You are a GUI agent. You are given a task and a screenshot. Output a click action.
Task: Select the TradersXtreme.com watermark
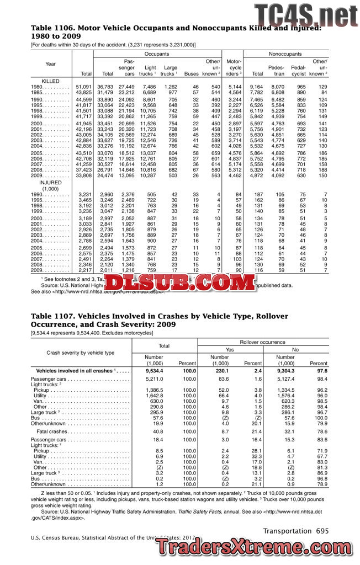coord(253,547)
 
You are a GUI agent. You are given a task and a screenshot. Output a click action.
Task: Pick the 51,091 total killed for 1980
coord(84,87)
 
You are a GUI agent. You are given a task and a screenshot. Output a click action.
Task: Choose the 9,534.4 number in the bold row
coord(153,371)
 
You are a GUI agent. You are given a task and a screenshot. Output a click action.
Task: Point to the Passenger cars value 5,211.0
coord(155,380)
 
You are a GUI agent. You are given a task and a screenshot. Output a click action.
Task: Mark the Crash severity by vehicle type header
coord(81,353)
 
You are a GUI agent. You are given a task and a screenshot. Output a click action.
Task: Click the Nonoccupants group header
coord(285,54)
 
